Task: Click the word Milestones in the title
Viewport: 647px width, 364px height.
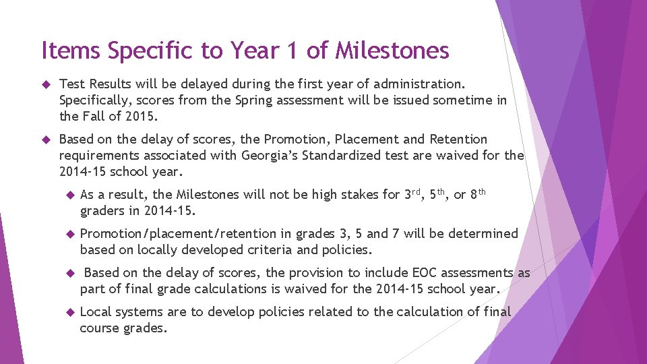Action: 392,50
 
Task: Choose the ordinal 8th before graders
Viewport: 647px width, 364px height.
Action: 478,194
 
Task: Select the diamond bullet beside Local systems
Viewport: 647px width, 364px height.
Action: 67,313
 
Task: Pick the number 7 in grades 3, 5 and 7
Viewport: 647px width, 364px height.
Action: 396,234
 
